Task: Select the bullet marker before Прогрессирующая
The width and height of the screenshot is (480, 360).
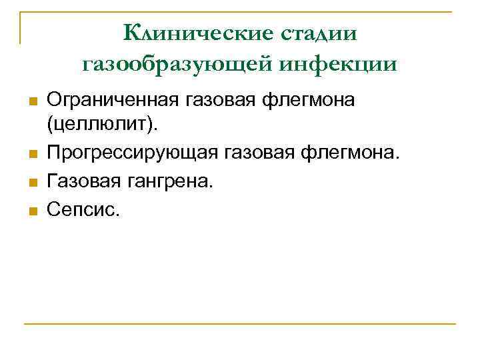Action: (31, 155)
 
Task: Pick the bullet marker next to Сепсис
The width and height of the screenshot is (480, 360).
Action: (31, 211)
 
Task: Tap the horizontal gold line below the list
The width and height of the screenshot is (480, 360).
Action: (240, 324)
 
